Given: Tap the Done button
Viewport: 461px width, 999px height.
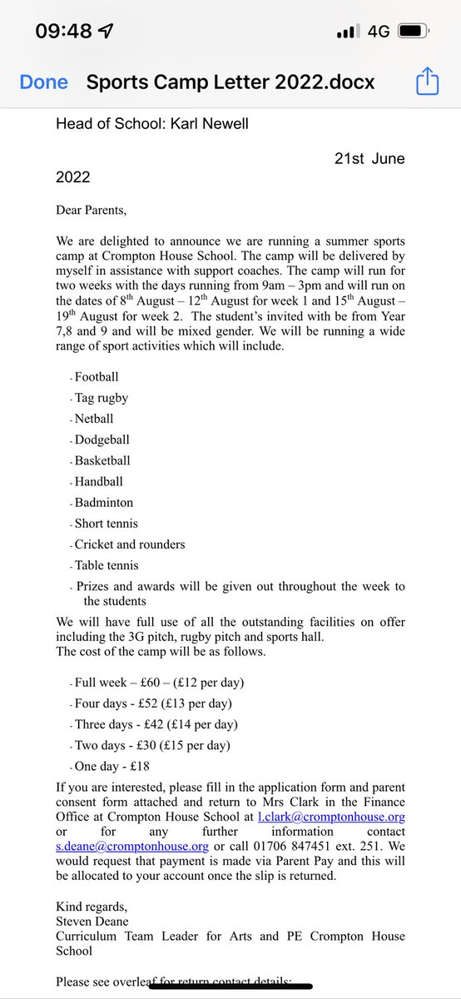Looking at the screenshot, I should tap(43, 82).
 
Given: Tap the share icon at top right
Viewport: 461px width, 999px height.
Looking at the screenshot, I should tap(426, 82).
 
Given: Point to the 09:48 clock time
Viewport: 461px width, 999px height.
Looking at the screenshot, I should tap(64, 32).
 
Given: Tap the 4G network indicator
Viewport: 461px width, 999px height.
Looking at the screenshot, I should tap(379, 32).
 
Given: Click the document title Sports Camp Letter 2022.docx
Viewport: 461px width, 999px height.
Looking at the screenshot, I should tap(230, 82).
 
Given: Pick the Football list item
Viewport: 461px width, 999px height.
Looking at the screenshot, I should tap(97, 377).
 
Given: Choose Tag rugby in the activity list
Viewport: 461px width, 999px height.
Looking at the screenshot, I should tap(102, 398).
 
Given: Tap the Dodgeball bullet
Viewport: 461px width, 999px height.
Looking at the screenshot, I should tap(102, 440).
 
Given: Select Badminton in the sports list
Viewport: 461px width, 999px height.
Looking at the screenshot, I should tap(104, 502).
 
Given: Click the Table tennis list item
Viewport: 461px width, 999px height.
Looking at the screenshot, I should tap(107, 565).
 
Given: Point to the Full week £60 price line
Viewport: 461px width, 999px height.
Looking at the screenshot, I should tap(159, 683).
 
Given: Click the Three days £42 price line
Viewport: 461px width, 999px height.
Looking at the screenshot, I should tap(156, 724).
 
